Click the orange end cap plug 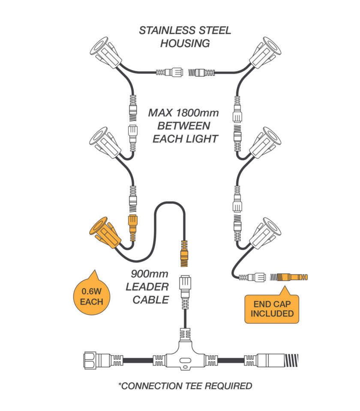click(292, 277)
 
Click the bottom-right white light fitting click(264, 234)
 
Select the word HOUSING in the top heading click(185, 43)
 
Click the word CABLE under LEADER click(150, 300)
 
